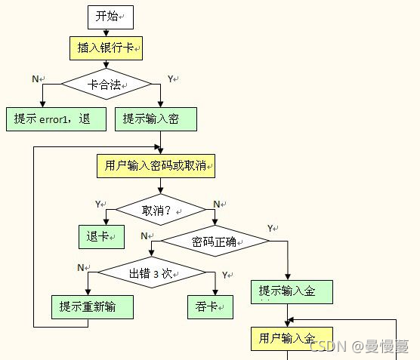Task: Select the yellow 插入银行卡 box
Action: [107, 48]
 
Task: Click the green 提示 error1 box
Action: [57, 118]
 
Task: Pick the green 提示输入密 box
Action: [157, 118]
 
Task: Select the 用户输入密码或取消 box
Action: [156, 165]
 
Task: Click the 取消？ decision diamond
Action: [160, 210]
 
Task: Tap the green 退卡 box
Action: [101, 237]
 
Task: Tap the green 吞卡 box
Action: [210, 306]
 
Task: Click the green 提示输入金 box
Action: [292, 291]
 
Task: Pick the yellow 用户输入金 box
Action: [291, 338]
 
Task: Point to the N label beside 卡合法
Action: [36, 78]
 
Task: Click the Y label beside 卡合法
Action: [170, 78]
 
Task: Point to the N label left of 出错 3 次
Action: [80, 267]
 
